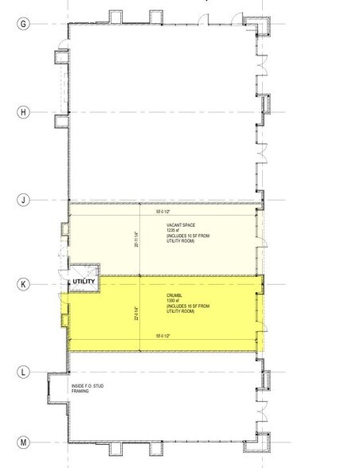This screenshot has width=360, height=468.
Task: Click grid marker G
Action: click(23, 23)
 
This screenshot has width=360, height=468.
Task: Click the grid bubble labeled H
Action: click(23, 112)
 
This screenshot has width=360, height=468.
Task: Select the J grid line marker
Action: click(23, 200)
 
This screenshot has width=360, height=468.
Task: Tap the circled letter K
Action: click(23, 283)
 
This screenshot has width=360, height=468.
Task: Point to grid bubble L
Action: click(23, 372)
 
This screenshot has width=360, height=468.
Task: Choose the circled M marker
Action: click(23, 442)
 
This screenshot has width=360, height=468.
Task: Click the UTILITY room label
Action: click(84, 282)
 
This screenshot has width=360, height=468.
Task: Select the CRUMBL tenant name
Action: click(175, 294)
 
